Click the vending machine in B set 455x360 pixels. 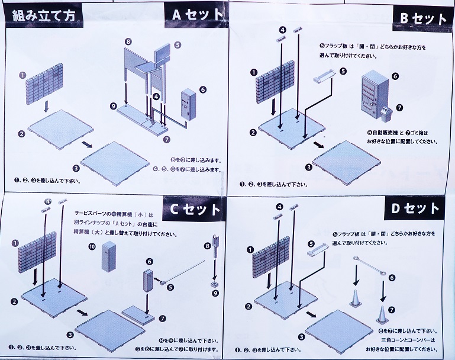point(372,95)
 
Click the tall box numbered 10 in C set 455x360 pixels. point(109,255)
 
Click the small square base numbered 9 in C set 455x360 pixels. point(212,285)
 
